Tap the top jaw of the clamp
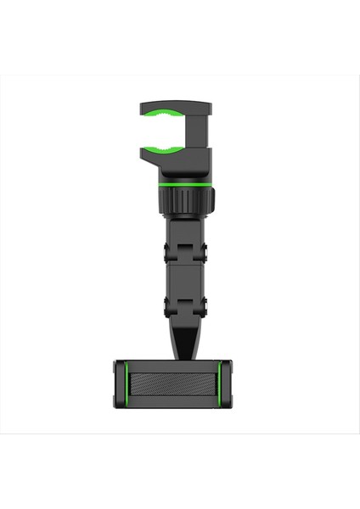pos(174,107)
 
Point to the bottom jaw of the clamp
pos(174,160)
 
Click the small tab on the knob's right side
pos(211,200)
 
